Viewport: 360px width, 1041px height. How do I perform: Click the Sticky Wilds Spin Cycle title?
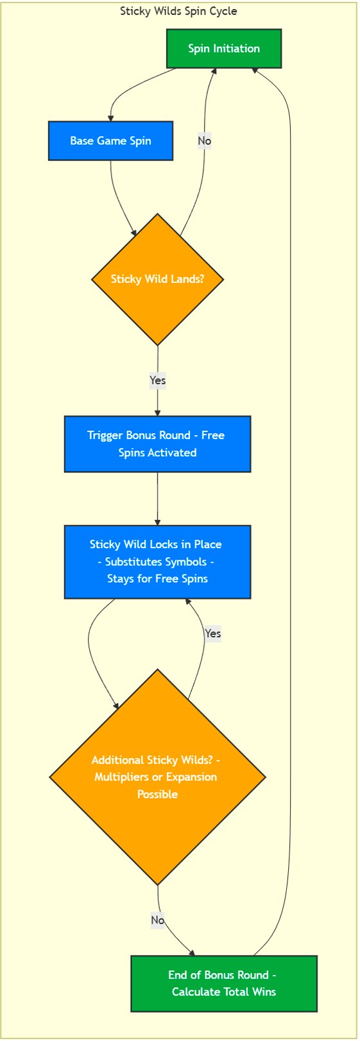(178, 11)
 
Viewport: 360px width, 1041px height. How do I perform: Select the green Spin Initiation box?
(224, 49)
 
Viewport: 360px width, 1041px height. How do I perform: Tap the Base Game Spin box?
(110, 141)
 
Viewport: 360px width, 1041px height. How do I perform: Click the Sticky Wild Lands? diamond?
(157, 279)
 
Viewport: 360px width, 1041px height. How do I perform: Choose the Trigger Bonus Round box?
(157, 443)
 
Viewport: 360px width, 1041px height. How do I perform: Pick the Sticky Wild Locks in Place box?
(157, 562)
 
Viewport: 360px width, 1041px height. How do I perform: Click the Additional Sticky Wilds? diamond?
(157, 777)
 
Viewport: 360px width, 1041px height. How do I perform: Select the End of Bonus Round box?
(223, 983)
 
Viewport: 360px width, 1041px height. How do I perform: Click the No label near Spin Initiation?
(204, 141)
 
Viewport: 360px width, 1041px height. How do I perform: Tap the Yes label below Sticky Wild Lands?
(157, 381)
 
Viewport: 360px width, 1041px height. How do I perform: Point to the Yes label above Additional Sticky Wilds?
(212, 633)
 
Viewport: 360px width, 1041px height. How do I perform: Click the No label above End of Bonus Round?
(158, 920)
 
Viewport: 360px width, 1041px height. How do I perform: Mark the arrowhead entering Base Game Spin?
(111, 117)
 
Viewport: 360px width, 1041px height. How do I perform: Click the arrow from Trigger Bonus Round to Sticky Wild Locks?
(157, 499)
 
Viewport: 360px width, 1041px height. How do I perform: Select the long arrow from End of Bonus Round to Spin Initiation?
(291, 513)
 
